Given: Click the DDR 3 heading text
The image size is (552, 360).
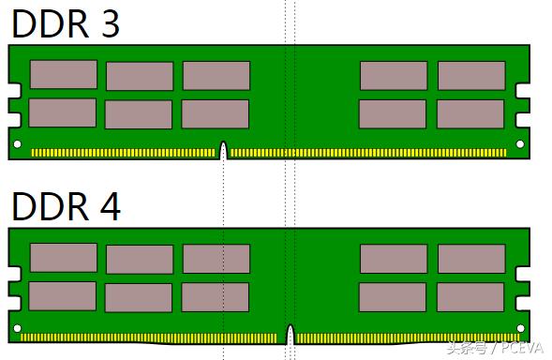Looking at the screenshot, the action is tap(66, 23).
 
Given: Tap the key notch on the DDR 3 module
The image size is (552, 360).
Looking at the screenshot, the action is tap(223, 150).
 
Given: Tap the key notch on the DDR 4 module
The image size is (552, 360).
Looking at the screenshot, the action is tap(290, 334).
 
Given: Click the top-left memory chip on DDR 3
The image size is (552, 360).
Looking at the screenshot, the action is tap(63, 75).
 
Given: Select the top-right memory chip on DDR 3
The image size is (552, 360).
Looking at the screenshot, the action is tap(471, 76).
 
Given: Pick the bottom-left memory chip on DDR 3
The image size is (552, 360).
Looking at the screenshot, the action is tap(63, 112).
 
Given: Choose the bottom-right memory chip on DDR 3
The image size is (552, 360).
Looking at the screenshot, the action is tap(470, 113).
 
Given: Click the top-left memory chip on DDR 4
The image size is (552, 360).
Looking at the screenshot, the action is tap(63, 258).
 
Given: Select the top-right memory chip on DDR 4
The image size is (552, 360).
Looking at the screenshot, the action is tap(471, 259).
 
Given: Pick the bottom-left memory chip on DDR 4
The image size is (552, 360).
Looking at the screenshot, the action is tap(63, 295).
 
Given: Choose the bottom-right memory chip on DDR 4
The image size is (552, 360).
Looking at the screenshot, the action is tap(470, 297).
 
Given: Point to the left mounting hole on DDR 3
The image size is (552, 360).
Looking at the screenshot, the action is tap(17, 144).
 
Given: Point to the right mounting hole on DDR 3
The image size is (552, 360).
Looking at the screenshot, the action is tap(521, 144).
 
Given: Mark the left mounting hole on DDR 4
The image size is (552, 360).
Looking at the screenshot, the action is tap(17, 327).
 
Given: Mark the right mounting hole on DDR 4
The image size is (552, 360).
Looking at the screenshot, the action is tap(521, 327).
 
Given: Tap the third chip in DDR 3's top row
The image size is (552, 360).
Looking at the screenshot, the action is tap(216, 76).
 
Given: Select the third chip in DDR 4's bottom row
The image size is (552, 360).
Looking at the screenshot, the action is tap(216, 297).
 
